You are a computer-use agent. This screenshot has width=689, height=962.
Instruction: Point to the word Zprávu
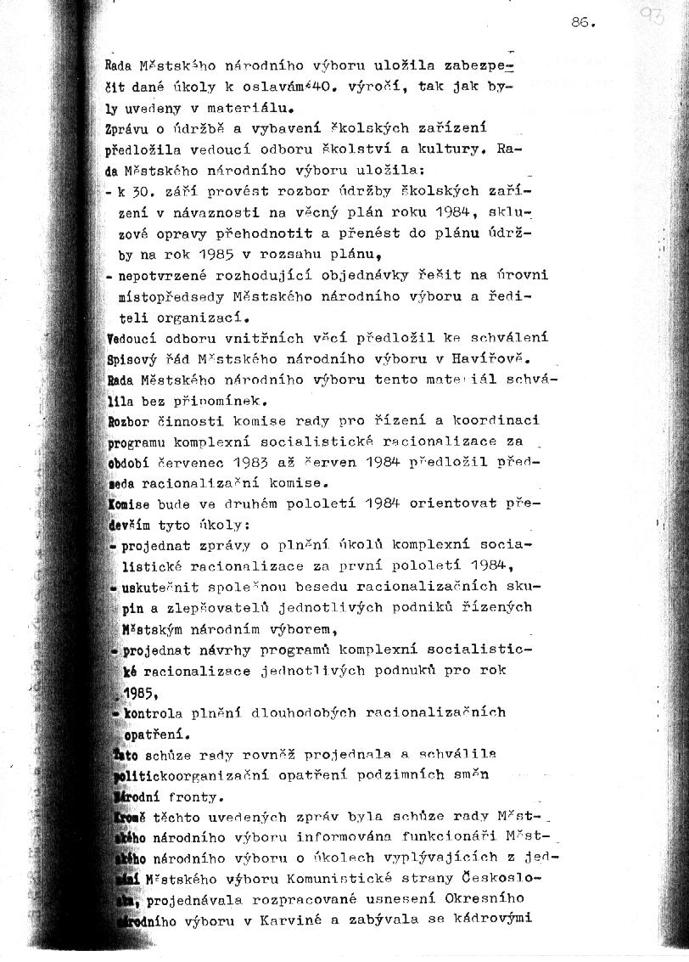point(126,130)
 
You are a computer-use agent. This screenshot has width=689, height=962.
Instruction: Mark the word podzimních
point(427,774)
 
